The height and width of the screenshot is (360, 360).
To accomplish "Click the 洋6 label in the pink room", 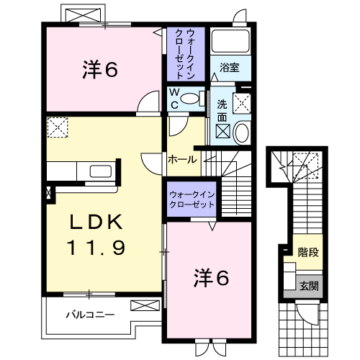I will point(100,70).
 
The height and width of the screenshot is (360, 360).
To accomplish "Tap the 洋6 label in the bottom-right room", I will point(211,277).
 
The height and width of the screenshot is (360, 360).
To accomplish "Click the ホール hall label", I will point(181,159).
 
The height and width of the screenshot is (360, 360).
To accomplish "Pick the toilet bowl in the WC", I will point(189,99).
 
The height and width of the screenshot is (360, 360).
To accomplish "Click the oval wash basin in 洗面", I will point(241,132).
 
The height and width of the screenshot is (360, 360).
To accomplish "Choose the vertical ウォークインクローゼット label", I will point(185,54).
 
